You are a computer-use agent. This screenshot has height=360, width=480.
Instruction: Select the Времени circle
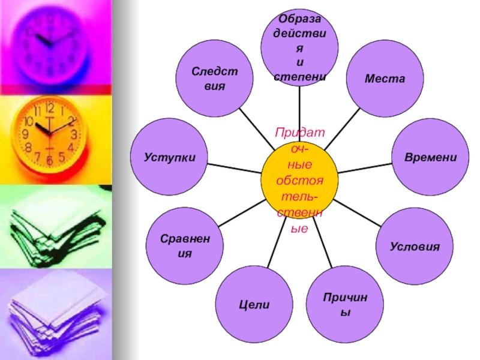point(430,157)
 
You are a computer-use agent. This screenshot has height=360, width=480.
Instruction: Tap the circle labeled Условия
point(415,247)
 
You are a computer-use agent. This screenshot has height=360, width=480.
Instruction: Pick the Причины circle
point(344,305)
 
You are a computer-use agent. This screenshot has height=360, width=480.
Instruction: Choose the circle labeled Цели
point(254,305)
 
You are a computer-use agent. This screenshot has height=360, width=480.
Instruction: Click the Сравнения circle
point(185,247)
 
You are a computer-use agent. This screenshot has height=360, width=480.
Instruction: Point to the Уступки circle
point(169,157)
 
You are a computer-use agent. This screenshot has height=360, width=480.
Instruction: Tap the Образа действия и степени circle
point(299,47)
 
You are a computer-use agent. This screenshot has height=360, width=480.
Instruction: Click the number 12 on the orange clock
point(49,109)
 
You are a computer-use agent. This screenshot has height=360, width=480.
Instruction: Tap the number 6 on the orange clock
point(49,161)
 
